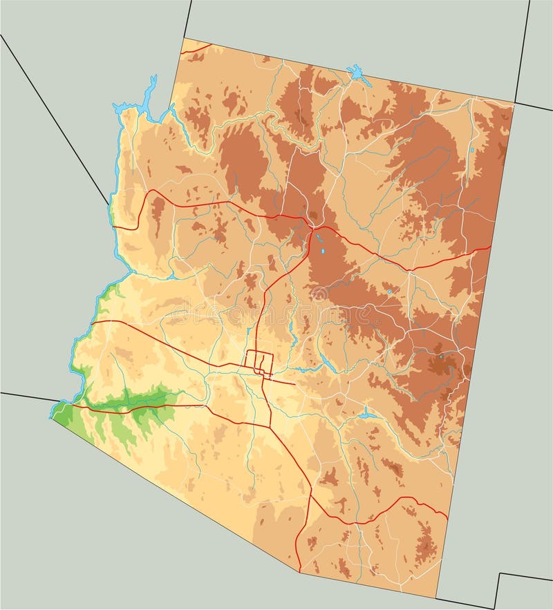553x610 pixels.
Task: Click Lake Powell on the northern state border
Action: coord(357,73)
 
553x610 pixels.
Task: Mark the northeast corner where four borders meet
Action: coord(515,104)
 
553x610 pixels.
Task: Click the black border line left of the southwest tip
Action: coord(24,396)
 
